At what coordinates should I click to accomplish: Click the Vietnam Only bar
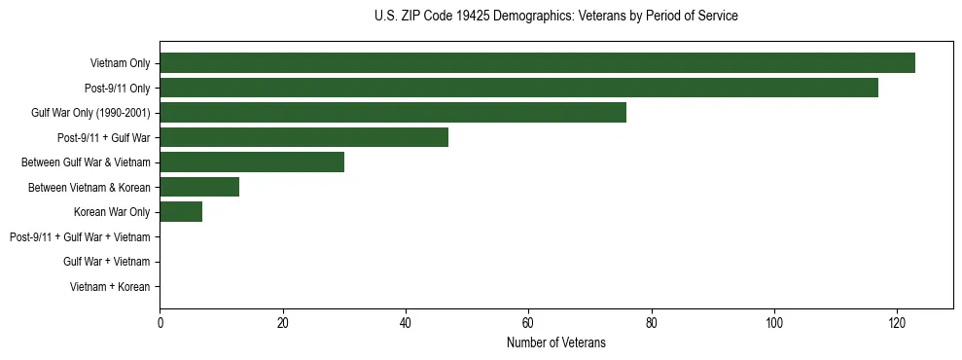click(x=537, y=63)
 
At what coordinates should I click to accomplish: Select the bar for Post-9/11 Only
click(x=518, y=88)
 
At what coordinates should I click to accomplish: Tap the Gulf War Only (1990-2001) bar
click(x=393, y=113)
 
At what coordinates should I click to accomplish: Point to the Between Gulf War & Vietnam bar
click(x=252, y=162)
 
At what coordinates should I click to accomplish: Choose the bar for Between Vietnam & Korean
click(x=199, y=187)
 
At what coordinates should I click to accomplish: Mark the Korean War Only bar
click(x=181, y=212)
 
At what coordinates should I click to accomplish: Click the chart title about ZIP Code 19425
click(x=555, y=17)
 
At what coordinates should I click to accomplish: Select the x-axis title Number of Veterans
click(x=555, y=342)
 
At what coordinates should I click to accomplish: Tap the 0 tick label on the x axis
click(x=160, y=323)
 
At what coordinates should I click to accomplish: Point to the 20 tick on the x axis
click(x=282, y=323)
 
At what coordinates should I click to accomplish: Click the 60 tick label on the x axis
click(x=528, y=323)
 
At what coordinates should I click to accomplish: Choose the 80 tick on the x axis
click(x=651, y=323)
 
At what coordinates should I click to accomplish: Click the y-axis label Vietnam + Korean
click(x=110, y=287)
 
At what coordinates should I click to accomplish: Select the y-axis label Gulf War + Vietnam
click(x=107, y=262)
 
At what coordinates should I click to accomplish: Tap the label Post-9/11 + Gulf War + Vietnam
click(x=80, y=236)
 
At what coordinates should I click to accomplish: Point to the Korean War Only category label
click(x=112, y=212)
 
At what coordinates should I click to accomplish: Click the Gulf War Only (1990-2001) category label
click(x=90, y=113)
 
